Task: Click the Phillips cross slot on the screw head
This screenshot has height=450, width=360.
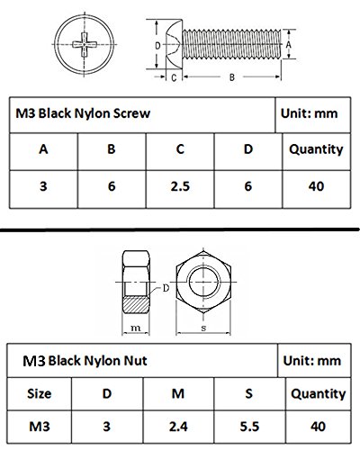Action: pyautogui.click(x=85, y=45)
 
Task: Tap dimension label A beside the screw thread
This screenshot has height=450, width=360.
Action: pyautogui.click(x=288, y=45)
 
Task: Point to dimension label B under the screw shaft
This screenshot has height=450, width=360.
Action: pyautogui.click(x=232, y=77)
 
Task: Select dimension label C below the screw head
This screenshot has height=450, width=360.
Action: pyautogui.click(x=174, y=77)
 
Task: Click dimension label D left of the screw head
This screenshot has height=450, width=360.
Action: pyautogui.click(x=157, y=46)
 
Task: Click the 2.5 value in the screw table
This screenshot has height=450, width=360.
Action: pyautogui.click(x=180, y=186)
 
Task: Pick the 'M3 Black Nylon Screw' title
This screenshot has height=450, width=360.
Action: pyautogui.click(x=83, y=113)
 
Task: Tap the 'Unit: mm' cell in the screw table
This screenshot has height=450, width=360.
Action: pyautogui.click(x=310, y=113)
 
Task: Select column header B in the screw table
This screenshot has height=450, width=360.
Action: pyautogui.click(x=112, y=149)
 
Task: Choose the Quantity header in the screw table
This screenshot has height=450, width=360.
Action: pyautogui.click(x=316, y=149)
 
